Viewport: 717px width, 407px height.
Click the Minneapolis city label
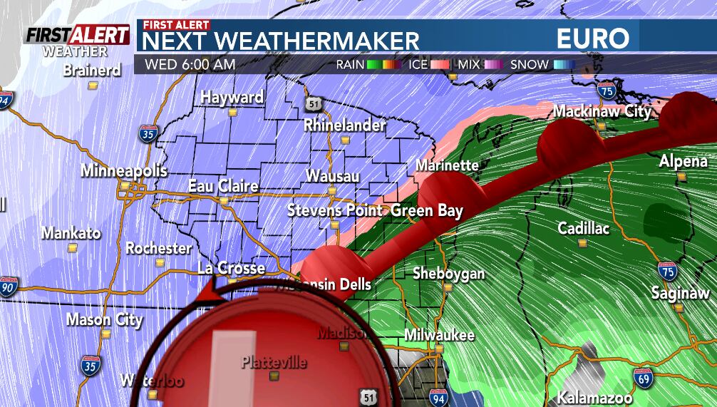coord(123,171)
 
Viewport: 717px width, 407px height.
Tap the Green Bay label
coord(427,211)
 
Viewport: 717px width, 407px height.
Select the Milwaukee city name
coord(439,334)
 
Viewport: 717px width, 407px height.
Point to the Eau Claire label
coord(223,186)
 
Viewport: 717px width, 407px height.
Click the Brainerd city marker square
coord(93,85)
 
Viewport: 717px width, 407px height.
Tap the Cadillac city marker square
coord(583,243)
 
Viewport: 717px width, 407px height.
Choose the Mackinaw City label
coord(602,111)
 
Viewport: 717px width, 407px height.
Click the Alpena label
coord(683,161)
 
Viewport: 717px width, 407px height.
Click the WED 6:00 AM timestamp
coord(190,64)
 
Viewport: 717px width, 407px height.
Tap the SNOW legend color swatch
coord(564,65)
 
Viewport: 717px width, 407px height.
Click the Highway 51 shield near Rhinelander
coord(314,104)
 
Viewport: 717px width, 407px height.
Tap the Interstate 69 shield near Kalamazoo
coord(641,377)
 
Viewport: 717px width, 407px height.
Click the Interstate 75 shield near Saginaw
coord(667,270)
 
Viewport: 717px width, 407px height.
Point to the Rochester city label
coord(158,248)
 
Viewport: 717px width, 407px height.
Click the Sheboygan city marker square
coord(448,287)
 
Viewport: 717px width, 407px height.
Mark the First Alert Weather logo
coord(77,41)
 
